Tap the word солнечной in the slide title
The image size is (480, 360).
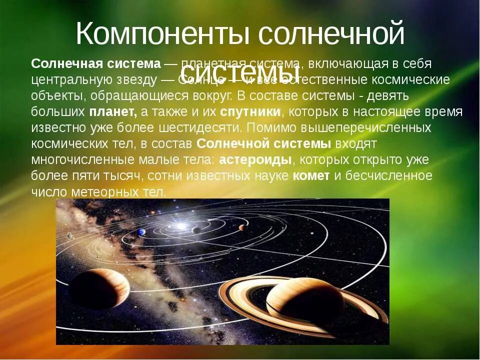pyautogui.click(x=331, y=34)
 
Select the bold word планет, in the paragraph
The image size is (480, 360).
pyautogui.click(x=113, y=111)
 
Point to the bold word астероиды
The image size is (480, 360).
pyautogui.click(x=255, y=159)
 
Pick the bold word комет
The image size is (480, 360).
pyautogui.click(x=311, y=175)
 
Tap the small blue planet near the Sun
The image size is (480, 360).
pyautogui.click(x=142, y=231)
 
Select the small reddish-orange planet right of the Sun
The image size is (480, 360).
pyautogui.click(x=242, y=227)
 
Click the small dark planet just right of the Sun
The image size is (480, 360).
pyautogui.click(x=196, y=229)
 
